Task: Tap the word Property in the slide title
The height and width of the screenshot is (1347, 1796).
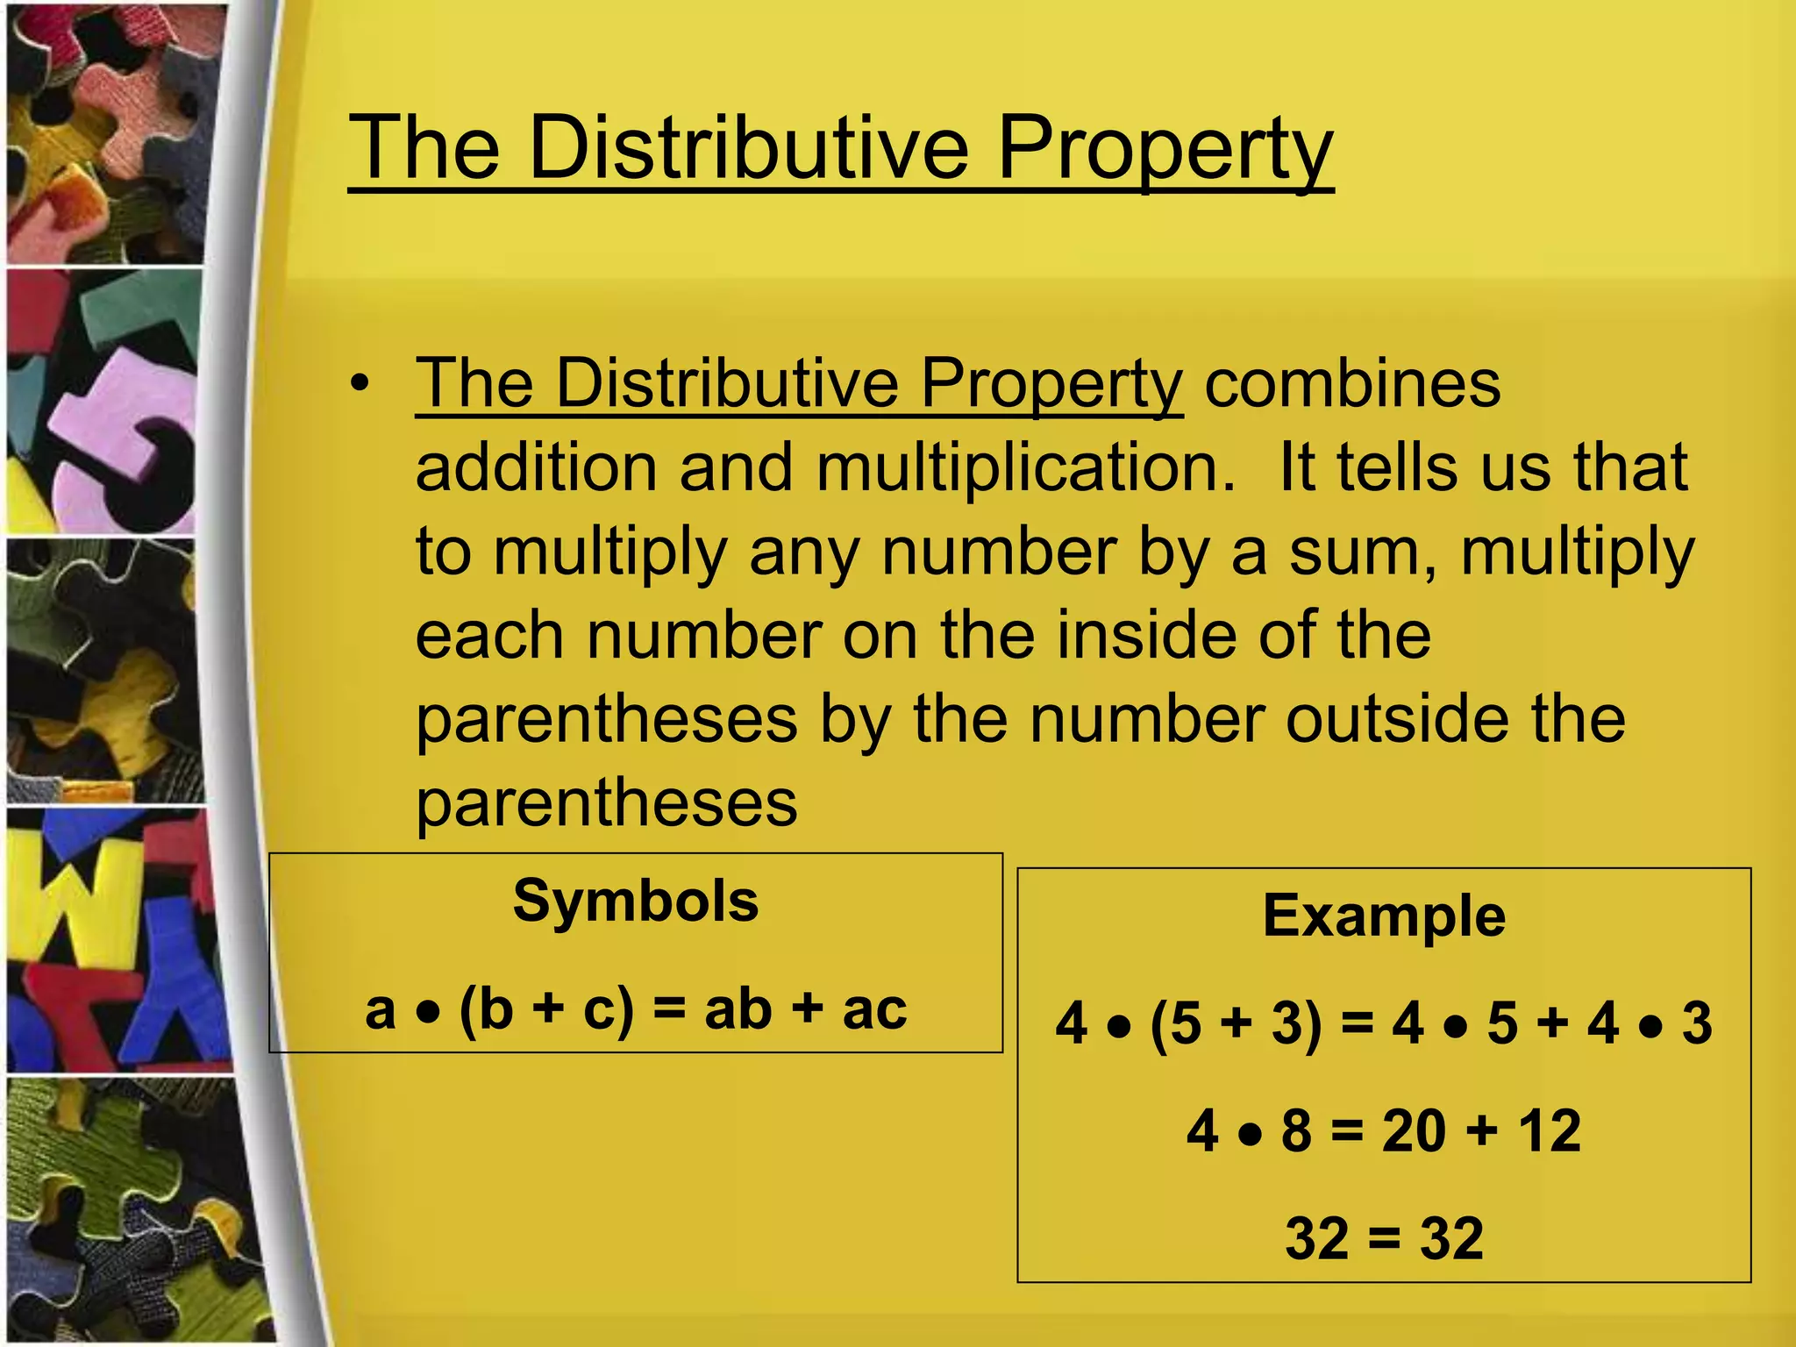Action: pyautogui.click(x=1165, y=151)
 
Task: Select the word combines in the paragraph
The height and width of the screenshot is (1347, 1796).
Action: pyautogui.click(x=1352, y=383)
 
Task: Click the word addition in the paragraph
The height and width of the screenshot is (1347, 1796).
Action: pyautogui.click(x=536, y=467)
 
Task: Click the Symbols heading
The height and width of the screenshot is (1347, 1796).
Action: pyautogui.click(x=636, y=901)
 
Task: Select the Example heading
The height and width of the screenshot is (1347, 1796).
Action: pyautogui.click(x=1384, y=916)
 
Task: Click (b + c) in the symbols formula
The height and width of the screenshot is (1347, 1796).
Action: pyautogui.click(x=545, y=1009)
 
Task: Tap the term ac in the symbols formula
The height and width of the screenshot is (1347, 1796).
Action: pyautogui.click(x=874, y=1009)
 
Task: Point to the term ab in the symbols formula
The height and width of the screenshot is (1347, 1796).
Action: pyautogui.click(x=738, y=1009)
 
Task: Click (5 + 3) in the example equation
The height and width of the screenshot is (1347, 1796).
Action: pyautogui.click(x=1236, y=1023)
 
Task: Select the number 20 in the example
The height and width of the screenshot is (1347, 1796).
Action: pyautogui.click(x=1414, y=1130)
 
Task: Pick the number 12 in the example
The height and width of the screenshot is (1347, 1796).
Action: pyautogui.click(x=1550, y=1130)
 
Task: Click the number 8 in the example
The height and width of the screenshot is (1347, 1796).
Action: pyautogui.click(x=1297, y=1130)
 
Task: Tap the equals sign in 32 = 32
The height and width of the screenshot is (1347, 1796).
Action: pyautogui.click(x=1385, y=1238)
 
